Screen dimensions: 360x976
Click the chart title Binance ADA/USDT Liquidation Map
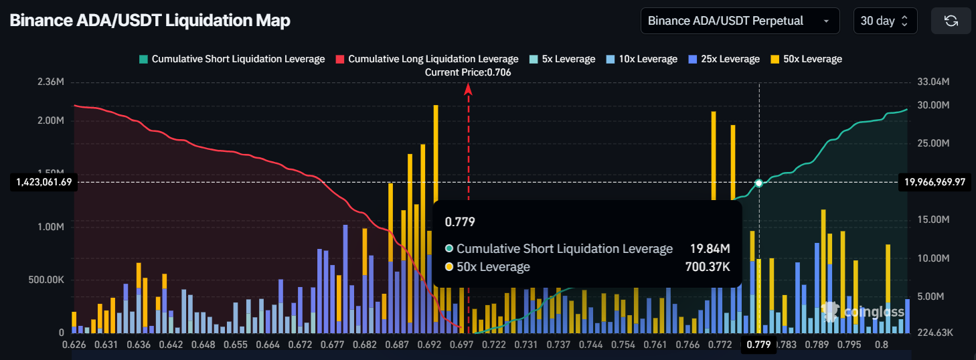click(150, 21)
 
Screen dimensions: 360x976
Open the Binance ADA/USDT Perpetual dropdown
click(740, 21)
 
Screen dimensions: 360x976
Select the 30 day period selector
click(884, 21)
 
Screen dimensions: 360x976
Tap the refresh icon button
click(951, 21)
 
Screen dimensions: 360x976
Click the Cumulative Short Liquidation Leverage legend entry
click(232, 59)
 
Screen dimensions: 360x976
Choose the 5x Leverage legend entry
click(562, 59)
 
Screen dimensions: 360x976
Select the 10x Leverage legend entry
click(641, 59)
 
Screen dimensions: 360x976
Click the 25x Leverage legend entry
click(724, 59)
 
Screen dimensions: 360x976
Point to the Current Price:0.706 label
click(468, 72)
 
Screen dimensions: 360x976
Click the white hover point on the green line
click(759, 183)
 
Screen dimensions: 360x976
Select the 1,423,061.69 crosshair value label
click(42, 182)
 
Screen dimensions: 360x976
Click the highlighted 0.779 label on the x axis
click(759, 345)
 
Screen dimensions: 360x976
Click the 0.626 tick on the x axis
click(74, 345)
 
